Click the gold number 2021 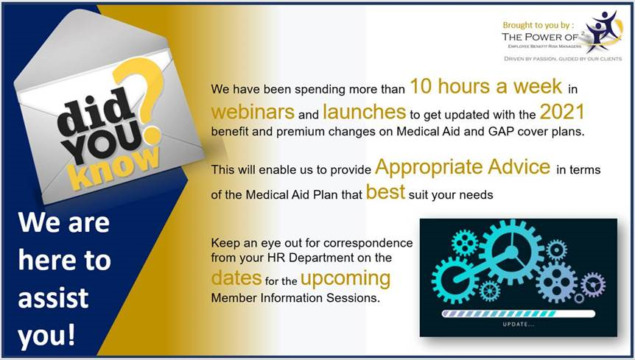click(562, 112)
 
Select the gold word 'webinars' click(252, 112)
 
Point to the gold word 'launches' click(364, 112)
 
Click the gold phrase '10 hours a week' click(486, 86)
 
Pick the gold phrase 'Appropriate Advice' click(463, 168)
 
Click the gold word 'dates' click(236, 278)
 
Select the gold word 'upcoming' click(345, 279)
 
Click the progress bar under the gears click(519, 314)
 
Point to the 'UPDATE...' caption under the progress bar click(519, 325)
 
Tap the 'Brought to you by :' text click(538, 25)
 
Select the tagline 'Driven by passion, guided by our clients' click(563, 59)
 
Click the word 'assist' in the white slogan click(53, 297)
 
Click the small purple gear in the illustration click(593, 284)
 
